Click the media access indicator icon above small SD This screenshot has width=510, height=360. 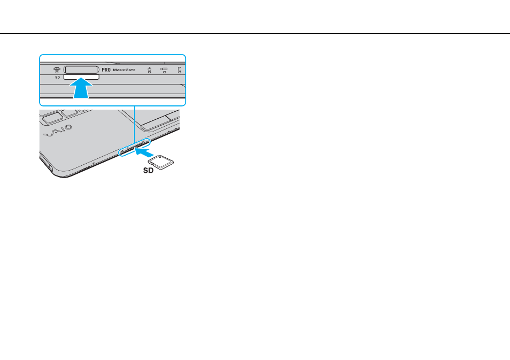[x=57, y=70]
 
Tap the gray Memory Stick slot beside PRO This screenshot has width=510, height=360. [x=81, y=70]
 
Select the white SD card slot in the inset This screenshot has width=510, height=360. [x=81, y=77]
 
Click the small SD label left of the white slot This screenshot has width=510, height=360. [x=58, y=78]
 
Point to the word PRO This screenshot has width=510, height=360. [x=106, y=70]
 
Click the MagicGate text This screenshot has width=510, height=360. [x=124, y=70]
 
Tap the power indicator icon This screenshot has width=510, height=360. [x=149, y=70]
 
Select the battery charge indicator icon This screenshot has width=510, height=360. [x=164, y=70]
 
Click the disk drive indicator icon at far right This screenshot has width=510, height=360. [x=180, y=70]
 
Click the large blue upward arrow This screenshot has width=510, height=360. [x=81, y=87]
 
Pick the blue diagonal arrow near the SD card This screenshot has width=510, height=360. [x=144, y=151]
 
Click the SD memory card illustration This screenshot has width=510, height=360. [x=161, y=162]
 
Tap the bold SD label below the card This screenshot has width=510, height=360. [x=148, y=171]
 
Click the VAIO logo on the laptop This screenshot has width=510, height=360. [x=58, y=131]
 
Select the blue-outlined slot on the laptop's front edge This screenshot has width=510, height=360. [x=134, y=147]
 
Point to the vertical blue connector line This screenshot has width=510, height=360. [x=134, y=124]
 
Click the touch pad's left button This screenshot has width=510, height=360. [x=157, y=124]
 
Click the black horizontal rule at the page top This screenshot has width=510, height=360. [x=255, y=34]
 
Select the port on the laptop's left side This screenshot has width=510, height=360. [x=46, y=163]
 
